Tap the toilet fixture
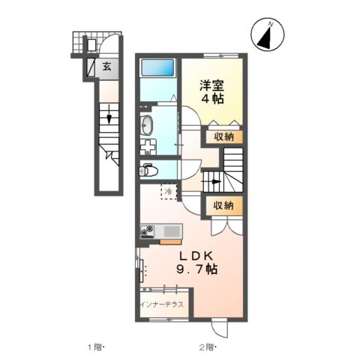click(x=147, y=169)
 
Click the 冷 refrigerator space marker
click(x=169, y=191)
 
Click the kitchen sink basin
click(x=170, y=231)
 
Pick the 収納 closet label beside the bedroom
click(x=223, y=136)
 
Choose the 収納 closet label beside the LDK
click(x=222, y=204)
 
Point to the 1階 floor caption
click(x=94, y=347)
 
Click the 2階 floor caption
click(x=207, y=347)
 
